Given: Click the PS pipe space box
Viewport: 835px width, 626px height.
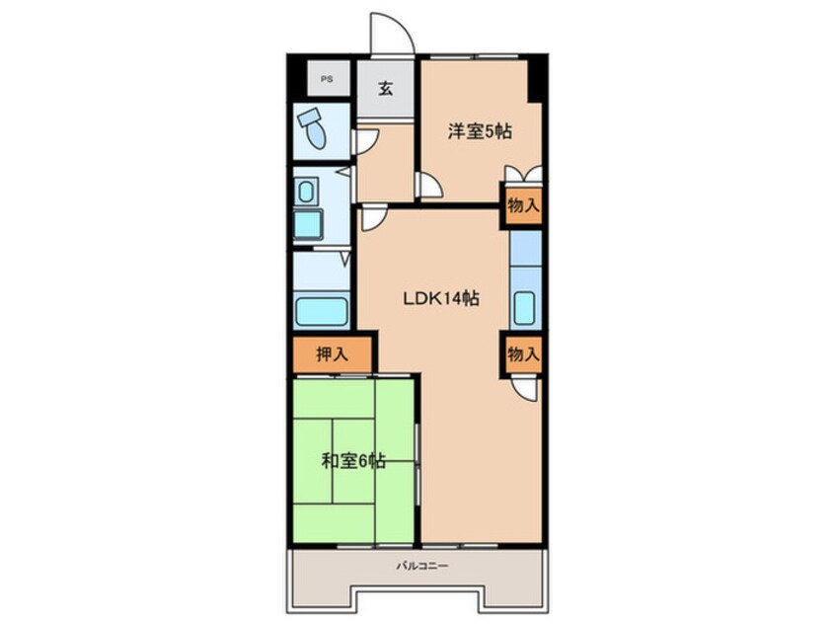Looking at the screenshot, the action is click(328, 79).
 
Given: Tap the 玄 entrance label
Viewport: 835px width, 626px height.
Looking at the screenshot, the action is click(386, 88).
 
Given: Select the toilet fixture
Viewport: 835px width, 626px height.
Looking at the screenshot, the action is click(313, 127).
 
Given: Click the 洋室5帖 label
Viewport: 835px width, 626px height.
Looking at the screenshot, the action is click(480, 130).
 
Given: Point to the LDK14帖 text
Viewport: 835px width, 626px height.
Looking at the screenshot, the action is click(440, 298).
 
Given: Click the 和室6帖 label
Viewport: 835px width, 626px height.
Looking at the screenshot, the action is click(353, 460).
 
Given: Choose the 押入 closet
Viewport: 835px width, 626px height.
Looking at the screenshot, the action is click(333, 354).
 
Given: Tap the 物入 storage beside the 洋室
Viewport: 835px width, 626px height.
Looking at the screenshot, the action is click(523, 205).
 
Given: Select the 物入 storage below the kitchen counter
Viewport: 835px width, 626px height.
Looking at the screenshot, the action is click(523, 353).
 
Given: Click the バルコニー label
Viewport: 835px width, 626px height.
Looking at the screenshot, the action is click(422, 565).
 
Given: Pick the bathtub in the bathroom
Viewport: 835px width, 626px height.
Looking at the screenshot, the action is click(322, 312).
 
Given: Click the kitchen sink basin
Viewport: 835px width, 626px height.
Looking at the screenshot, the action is click(524, 307).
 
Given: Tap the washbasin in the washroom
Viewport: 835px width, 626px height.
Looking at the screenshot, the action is click(306, 192).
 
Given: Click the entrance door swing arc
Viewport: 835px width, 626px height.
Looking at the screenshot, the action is click(401, 25).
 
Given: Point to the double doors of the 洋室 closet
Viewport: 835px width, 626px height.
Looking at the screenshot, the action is click(523, 175).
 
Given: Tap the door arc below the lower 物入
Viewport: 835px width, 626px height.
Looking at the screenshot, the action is click(526, 389).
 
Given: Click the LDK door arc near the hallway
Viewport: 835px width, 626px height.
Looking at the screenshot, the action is click(374, 219).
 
